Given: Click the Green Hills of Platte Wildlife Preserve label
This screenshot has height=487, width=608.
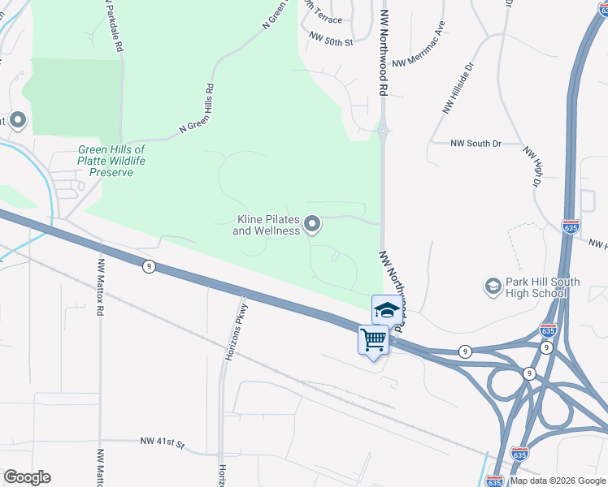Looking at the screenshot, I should (x=111, y=161).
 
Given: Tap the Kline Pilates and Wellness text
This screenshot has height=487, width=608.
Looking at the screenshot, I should (x=267, y=225).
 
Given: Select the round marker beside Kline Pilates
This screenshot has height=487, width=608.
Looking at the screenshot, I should (x=312, y=225).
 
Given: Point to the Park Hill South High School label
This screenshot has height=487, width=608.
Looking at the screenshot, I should (x=542, y=287).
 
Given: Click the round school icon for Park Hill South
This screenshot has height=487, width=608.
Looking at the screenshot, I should (x=493, y=287).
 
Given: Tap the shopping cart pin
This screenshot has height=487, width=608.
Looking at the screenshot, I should (x=374, y=339).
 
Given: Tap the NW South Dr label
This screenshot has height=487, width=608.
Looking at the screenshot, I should (x=476, y=144).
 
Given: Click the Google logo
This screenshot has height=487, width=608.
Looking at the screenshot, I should (x=27, y=477).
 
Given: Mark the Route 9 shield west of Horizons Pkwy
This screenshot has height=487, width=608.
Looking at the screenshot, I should (x=148, y=265).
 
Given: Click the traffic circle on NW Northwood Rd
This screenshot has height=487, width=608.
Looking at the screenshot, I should (x=383, y=130).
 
